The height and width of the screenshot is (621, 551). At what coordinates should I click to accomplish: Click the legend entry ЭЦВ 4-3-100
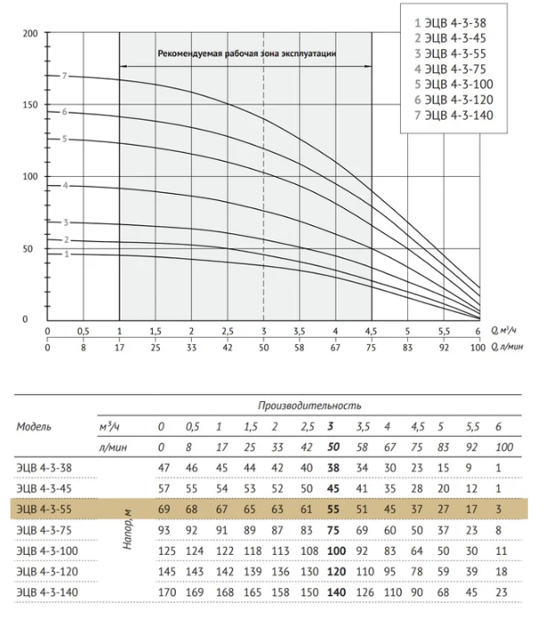pyautogui.click(x=454, y=84)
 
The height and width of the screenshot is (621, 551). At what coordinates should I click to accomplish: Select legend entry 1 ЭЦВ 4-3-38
pyautogui.click(x=450, y=23)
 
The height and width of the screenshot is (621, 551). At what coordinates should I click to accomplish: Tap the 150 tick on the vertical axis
pyautogui.click(x=30, y=105)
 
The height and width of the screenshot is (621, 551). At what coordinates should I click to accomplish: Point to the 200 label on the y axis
pyautogui.click(x=30, y=33)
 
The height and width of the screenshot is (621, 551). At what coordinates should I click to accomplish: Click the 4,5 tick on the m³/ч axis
pyautogui.click(x=371, y=331)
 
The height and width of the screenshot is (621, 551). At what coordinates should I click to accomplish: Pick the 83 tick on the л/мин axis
pyautogui.click(x=407, y=348)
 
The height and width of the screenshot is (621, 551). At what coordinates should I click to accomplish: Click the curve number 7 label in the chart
pyautogui.click(x=64, y=76)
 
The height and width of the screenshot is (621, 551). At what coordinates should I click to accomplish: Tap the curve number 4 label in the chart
pyautogui.click(x=65, y=185)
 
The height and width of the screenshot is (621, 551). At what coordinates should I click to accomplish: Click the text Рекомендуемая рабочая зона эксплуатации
pyautogui.click(x=247, y=54)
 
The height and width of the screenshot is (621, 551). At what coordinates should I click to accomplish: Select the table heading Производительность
pyautogui.click(x=310, y=406)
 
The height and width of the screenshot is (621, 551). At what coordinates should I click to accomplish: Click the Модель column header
pyautogui.click(x=34, y=426)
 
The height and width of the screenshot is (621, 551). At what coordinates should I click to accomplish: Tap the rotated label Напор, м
pyautogui.click(x=127, y=530)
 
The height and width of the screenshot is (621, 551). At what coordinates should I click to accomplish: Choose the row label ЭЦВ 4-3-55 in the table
pyautogui.click(x=44, y=509)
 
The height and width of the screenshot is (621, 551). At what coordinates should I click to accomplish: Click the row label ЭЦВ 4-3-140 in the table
pyautogui.click(x=47, y=592)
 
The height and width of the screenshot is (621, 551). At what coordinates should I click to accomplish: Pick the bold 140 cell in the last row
pyautogui.click(x=337, y=592)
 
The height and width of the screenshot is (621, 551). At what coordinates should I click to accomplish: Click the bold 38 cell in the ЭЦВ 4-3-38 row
pyautogui.click(x=333, y=467)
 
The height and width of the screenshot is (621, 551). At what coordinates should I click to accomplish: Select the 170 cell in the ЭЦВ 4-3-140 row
pyautogui.click(x=167, y=592)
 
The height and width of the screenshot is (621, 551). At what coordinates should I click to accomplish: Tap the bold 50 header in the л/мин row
pyautogui.click(x=333, y=447)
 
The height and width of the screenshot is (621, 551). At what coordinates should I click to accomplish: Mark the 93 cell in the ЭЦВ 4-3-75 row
pyautogui.click(x=164, y=530)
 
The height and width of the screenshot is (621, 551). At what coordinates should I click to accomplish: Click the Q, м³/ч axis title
pyautogui.click(x=504, y=330)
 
